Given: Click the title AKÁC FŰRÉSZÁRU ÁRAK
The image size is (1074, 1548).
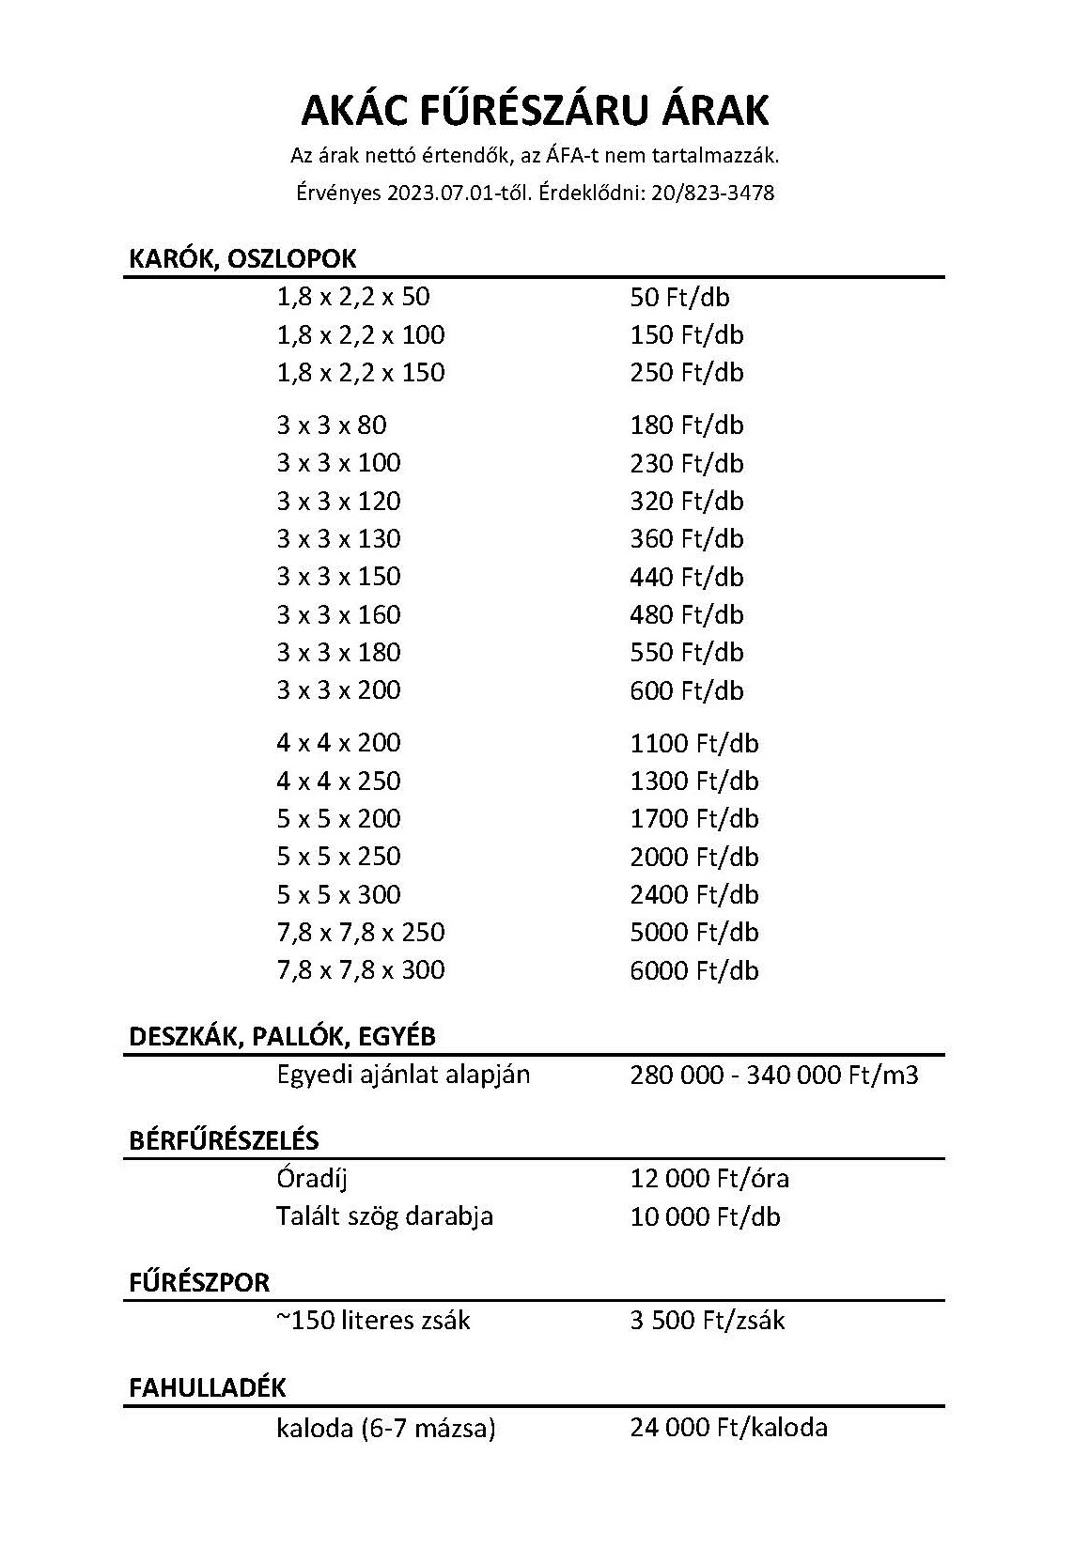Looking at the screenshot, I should pos(535,111).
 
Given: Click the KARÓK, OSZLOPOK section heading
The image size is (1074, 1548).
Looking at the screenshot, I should pos(242,259).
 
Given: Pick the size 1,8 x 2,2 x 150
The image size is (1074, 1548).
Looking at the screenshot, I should pos(361,373).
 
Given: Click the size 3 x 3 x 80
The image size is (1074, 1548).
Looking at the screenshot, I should pos(332,426).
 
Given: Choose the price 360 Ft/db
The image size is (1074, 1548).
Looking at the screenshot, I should pos(687,539).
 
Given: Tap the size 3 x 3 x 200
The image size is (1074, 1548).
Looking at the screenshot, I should pos(338,690).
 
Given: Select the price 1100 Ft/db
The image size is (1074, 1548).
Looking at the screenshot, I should pos(694,744).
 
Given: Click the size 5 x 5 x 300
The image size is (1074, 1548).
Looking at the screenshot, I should pos(338,894).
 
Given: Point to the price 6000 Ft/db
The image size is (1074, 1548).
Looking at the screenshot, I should pos(694,970).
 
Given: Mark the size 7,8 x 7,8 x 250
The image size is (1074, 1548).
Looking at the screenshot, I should pos(361,933).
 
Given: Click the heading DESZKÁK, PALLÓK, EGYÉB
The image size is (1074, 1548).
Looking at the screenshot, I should pos(282,1037).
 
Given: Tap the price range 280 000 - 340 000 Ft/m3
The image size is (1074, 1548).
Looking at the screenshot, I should pos(774,1075).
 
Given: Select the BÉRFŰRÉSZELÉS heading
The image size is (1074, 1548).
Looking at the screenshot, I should pos(224,1141).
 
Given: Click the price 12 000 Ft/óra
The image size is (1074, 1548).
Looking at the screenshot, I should pos(709,1179).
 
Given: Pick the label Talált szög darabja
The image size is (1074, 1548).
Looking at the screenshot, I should pos(384,1216).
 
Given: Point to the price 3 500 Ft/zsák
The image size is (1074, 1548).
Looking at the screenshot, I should pos(708,1321).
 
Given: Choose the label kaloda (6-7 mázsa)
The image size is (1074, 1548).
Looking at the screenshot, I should pos(385,1429).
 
